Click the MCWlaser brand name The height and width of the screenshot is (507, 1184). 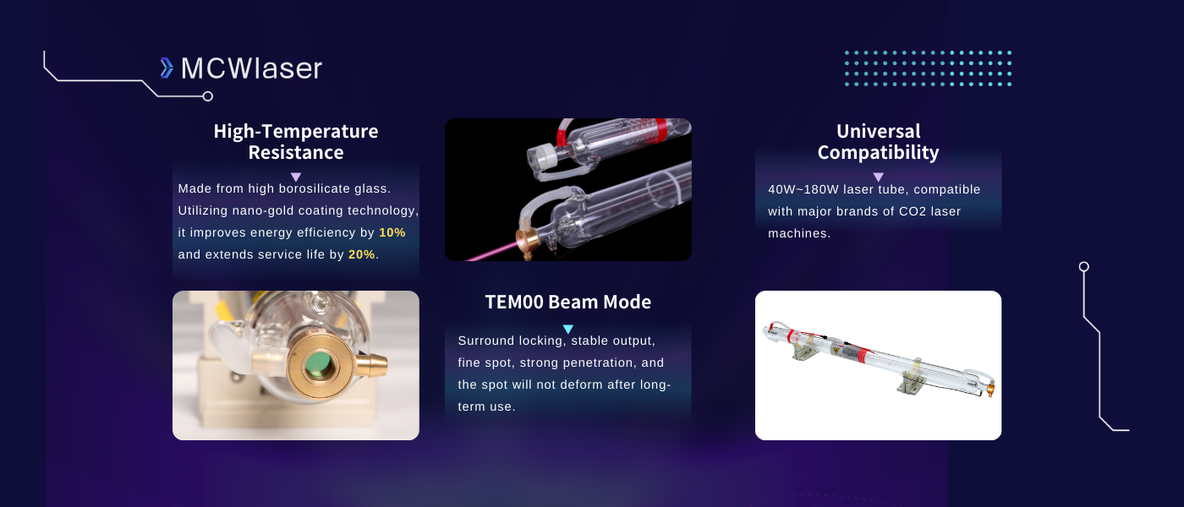point(251,68)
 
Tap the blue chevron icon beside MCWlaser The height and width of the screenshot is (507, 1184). point(167,68)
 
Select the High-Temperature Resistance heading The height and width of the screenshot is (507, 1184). point(296,142)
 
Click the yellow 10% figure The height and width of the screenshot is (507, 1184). point(392,232)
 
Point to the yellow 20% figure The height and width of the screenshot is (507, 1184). point(362,254)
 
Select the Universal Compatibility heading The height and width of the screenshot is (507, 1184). point(879,142)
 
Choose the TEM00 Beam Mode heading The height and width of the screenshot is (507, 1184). point(568,303)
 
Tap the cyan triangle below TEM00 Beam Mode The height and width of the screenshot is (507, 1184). point(568,329)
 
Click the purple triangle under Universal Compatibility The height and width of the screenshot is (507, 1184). point(878,177)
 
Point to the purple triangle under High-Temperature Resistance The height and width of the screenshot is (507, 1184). point(296,177)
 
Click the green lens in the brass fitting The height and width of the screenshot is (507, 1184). point(318,363)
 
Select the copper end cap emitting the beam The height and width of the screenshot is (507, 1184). point(528,242)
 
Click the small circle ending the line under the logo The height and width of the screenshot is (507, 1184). point(208,96)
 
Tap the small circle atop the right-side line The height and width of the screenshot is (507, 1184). point(1083,267)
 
